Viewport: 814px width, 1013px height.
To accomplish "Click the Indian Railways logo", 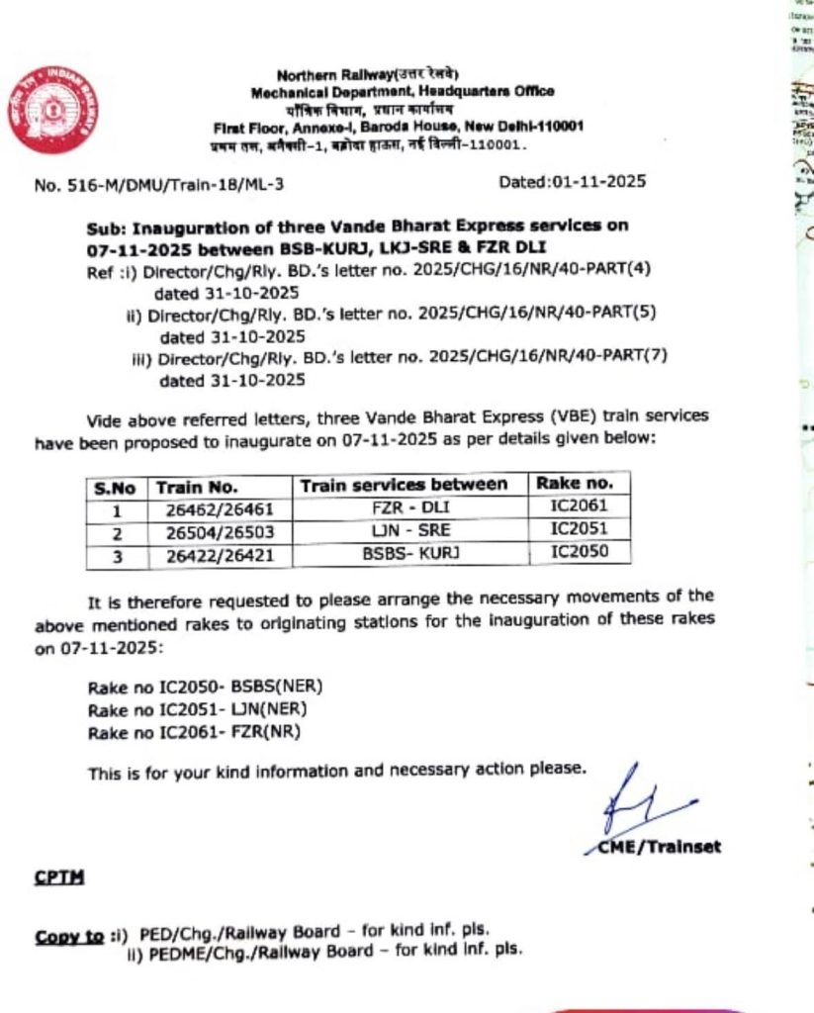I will point(55,110).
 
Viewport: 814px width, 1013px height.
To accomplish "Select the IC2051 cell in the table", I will point(580,529).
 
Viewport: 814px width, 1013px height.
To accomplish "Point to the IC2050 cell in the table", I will point(580,552).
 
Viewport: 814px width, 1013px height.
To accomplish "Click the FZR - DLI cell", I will point(408,508).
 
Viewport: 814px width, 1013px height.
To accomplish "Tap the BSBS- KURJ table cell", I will point(408,553).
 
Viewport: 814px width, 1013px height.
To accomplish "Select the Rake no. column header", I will point(580,484).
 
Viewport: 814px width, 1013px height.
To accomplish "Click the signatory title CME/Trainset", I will point(660,847).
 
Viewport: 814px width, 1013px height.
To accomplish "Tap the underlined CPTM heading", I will point(58,875).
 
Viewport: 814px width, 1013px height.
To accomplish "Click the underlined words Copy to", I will point(69,937).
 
